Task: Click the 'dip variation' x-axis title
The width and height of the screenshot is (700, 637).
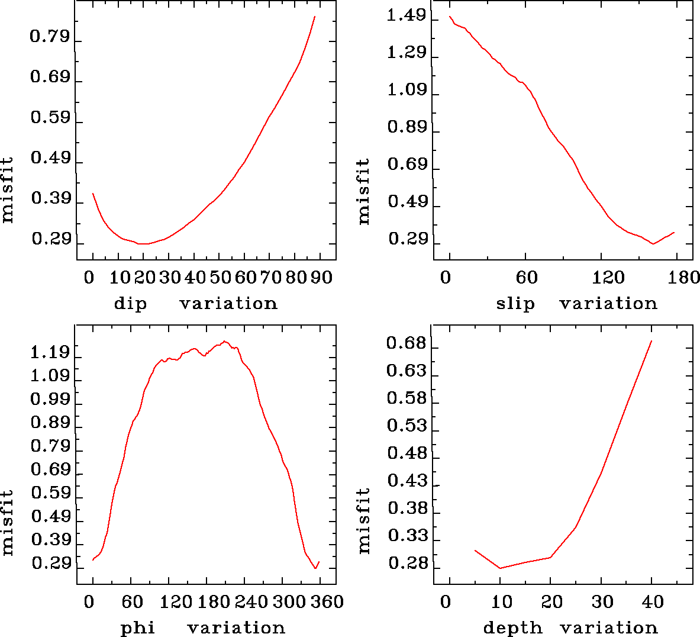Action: (x=195, y=304)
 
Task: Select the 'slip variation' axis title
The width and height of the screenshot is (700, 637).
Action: (x=576, y=304)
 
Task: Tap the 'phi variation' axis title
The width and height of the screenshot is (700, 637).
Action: (x=202, y=628)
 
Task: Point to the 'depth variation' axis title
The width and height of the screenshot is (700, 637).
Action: (x=570, y=628)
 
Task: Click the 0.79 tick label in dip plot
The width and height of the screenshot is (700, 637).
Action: (x=50, y=37)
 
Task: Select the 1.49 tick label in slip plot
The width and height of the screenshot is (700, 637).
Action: (x=406, y=16)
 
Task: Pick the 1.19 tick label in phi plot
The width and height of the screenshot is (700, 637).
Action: (x=50, y=353)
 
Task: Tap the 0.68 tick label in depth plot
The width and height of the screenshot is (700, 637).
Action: (x=406, y=343)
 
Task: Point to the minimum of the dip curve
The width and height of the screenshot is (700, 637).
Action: (x=143, y=243)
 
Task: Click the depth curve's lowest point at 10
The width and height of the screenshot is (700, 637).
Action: (x=500, y=568)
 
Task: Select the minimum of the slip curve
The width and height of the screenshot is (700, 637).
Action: (x=653, y=243)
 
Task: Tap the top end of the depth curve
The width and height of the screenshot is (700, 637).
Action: (x=651, y=341)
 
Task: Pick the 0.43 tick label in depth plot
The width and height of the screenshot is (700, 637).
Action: (x=406, y=481)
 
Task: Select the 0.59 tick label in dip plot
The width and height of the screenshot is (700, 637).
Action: (x=50, y=117)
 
